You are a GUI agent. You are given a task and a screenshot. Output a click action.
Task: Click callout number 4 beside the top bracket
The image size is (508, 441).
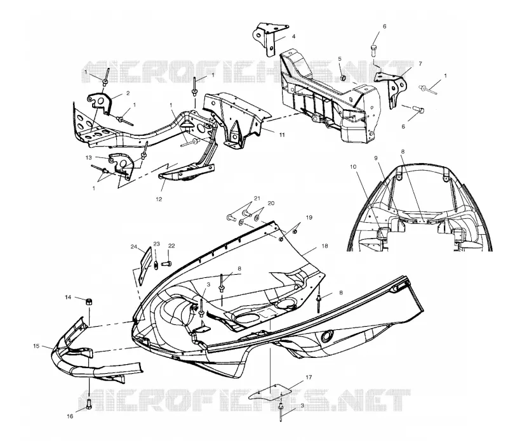tap(293, 37)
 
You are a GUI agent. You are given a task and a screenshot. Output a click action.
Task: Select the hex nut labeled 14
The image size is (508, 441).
tap(88, 301)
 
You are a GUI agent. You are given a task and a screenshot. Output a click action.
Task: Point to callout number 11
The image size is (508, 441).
tap(282, 135)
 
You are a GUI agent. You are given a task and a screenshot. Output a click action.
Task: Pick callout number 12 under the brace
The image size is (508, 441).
tap(159, 199)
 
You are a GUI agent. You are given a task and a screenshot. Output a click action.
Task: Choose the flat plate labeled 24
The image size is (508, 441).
tap(145, 266)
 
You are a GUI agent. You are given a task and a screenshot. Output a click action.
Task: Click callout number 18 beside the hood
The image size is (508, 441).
tap(324, 246)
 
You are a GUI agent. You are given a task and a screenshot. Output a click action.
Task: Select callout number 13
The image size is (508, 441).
tap(88, 158)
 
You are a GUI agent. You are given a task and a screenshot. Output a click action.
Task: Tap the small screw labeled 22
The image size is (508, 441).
tap(166, 263)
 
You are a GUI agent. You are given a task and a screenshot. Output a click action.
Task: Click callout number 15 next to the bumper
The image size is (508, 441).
tap(36, 346)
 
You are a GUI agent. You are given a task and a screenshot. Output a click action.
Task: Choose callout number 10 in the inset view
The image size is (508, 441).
tap(353, 167)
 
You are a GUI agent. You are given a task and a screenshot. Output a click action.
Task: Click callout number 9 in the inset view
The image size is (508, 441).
tap(376, 158)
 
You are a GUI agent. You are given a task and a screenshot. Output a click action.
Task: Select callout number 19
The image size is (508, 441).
tap(309, 217)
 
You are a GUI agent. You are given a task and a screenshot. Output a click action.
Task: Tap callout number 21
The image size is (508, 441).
tap(257, 198)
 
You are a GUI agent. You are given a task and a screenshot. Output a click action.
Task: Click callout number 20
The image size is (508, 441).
tap(271, 203)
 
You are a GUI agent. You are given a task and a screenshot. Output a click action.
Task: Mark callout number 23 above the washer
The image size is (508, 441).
tap(156, 244)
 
